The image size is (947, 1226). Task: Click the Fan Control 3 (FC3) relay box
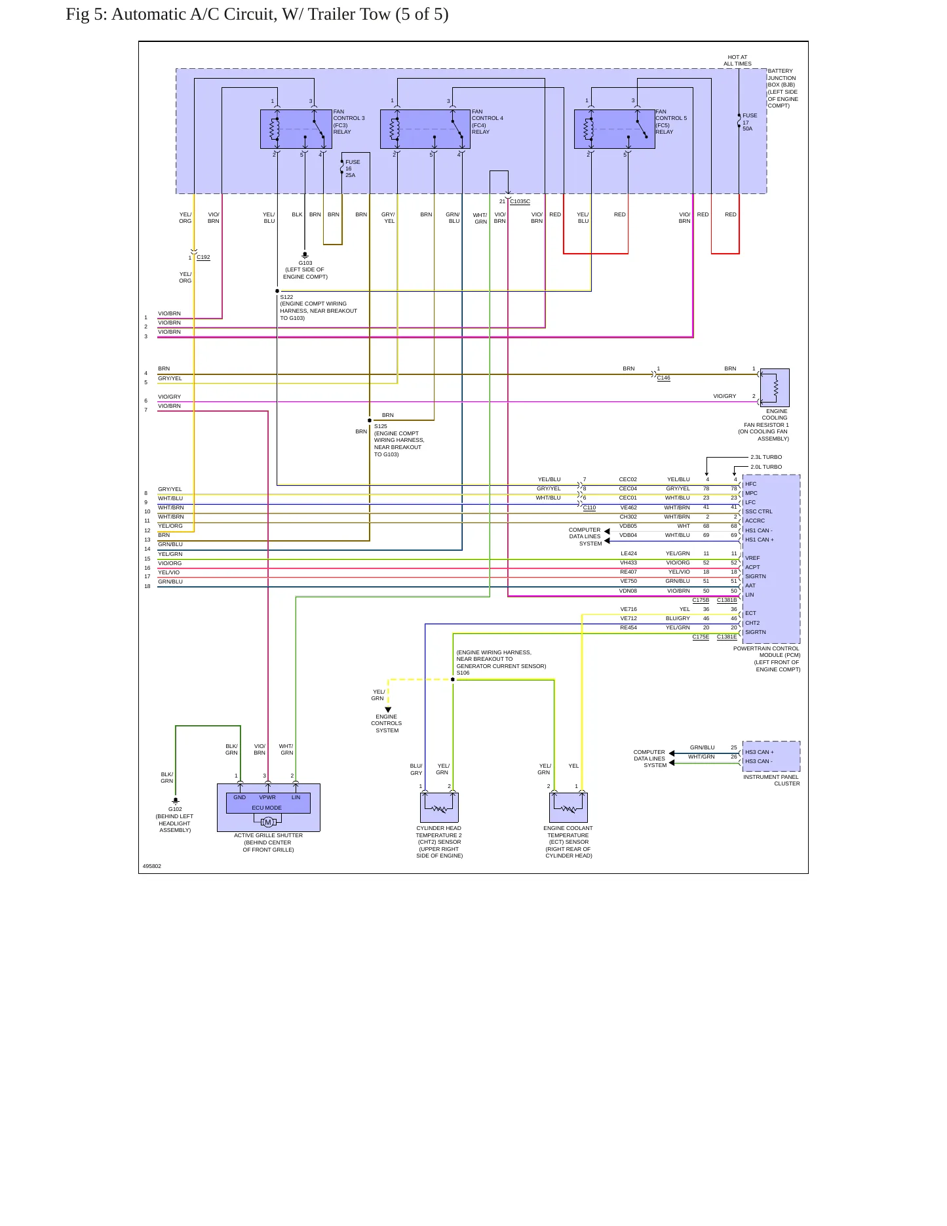point(296,129)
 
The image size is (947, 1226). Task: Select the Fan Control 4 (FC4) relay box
point(425,129)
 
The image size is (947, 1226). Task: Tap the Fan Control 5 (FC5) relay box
point(615,129)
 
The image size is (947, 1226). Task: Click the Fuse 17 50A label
point(750,122)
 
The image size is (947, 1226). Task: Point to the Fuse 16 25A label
point(353,168)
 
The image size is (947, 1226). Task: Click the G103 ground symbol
point(305,254)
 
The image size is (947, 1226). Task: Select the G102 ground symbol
point(175,801)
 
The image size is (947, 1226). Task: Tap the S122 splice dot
point(277,291)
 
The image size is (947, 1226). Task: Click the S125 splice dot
point(370,420)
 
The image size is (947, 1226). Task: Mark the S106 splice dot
point(453,679)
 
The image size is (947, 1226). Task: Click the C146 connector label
point(663,378)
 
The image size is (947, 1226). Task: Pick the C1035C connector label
point(520,201)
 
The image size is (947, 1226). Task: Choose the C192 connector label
point(203,257)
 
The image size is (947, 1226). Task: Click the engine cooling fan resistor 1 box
point(775,387)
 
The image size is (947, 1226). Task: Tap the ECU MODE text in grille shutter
point(267,808)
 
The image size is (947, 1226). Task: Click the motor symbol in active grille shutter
point(267,822)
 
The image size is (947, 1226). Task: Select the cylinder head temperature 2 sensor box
point(439,808)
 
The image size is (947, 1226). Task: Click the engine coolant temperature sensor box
point(568,808)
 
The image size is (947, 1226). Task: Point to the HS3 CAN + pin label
point(759,752)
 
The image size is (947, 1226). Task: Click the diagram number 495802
point(152,866)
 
